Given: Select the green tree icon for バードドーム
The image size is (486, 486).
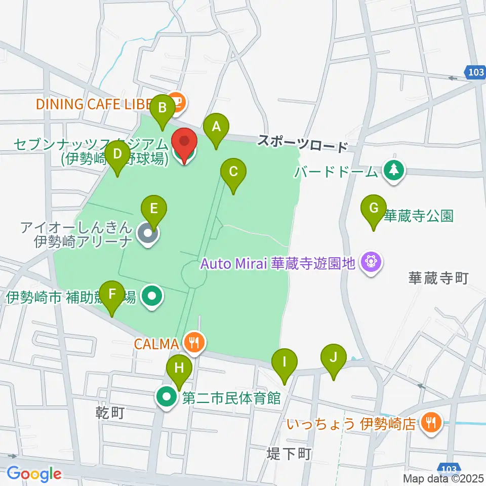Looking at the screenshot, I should tap(392, 171).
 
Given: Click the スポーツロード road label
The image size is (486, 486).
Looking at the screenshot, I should tap(302, 143).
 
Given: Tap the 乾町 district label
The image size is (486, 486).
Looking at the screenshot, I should tap(110, 414).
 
